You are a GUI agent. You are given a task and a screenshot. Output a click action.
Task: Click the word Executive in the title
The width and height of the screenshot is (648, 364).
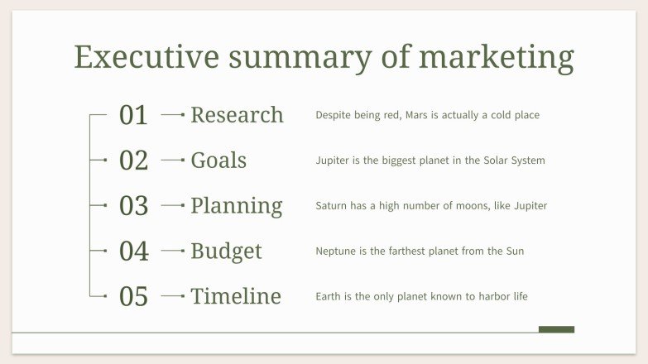(x=146, y=58)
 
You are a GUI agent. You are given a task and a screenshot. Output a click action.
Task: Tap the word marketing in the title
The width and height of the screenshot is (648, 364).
(x=496, y=58)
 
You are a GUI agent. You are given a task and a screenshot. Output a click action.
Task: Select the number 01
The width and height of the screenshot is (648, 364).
(x=133, y=115)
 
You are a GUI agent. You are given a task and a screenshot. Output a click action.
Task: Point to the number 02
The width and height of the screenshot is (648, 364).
(x=133, y=160)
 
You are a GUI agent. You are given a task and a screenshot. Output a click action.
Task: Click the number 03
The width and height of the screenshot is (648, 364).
(x=133, y=206)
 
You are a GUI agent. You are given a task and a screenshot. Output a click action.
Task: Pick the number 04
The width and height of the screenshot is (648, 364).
(x=133, y=251)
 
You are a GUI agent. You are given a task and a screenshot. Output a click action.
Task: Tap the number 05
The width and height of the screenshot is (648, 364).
(x=133, y=296)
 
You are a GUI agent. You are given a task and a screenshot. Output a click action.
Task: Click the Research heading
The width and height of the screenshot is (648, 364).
(x=237, y=115)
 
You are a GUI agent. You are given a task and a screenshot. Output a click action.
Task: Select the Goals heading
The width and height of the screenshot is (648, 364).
(x=218, y=160)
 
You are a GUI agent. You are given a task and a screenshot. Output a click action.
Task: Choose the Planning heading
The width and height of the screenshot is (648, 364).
(x=236, y=206)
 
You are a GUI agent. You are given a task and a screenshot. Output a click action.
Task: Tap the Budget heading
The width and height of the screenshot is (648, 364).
(x=226, y=251)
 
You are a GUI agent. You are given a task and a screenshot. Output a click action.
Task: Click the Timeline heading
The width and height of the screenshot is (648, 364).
(x=236, y=296)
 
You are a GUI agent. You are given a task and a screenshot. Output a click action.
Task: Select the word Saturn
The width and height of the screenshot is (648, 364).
(x=332, y=206)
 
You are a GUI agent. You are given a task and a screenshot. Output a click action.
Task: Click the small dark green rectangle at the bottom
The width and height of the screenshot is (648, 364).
(x=556, y=329)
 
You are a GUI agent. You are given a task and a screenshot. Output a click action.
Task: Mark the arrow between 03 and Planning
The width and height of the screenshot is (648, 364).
(x=173, y=205)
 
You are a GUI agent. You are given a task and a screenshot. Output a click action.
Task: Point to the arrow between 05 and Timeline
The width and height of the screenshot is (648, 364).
(x=173, y=295)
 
